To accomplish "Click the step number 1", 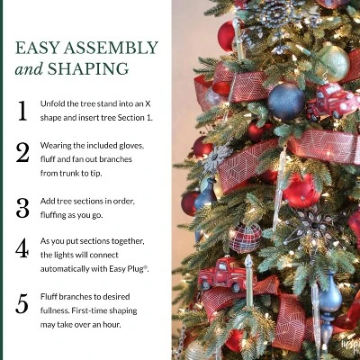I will (x=22, y=111).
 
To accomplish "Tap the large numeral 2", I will (x=22, y=152).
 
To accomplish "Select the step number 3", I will (x=22, y=208).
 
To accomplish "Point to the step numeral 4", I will (x=22, y=249).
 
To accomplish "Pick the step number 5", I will (x=22, y=303).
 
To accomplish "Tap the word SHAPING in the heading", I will (x=90, y=69).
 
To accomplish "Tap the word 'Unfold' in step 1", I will (x=52, y=104).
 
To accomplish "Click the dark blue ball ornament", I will (x=286, y=101).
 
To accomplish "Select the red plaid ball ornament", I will (x=245, y=238).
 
